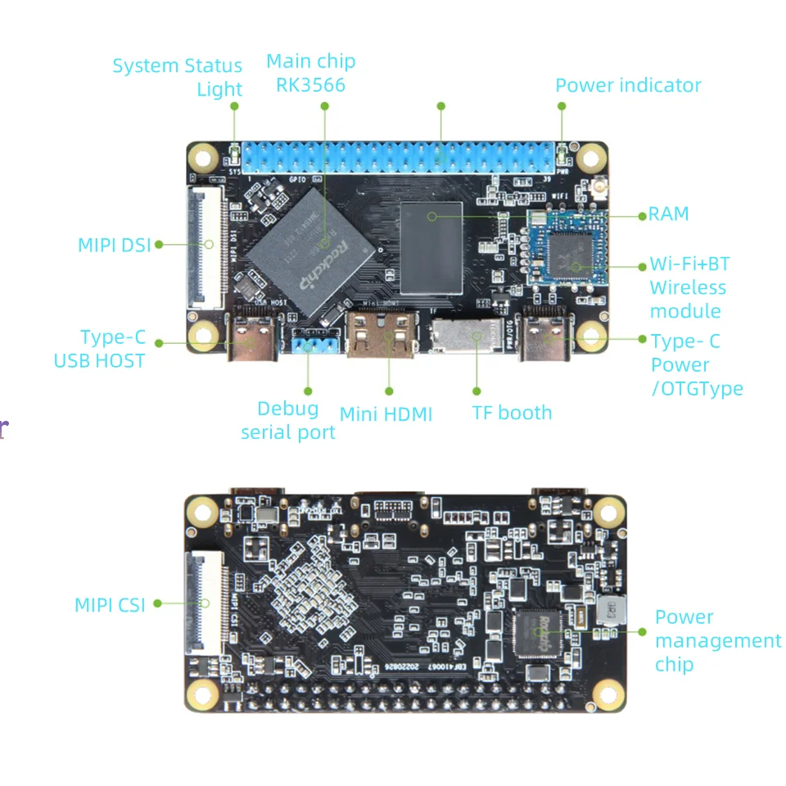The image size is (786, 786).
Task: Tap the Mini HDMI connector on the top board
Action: point(382,334)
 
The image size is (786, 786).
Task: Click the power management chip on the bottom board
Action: point(540,633)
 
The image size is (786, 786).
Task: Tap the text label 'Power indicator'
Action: point(628,86)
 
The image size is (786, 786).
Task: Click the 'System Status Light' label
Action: point(178,77)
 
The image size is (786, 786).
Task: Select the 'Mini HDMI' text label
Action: point(386,414)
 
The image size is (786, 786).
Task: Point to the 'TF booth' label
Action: point(512,413)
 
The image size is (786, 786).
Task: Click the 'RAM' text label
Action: point(669,215)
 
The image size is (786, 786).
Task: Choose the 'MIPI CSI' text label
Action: point(110,605)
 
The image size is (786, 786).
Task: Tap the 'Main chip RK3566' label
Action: point(311,73)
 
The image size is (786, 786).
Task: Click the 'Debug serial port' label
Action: point(288,420)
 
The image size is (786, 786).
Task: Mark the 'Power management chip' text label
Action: point(717,640)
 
